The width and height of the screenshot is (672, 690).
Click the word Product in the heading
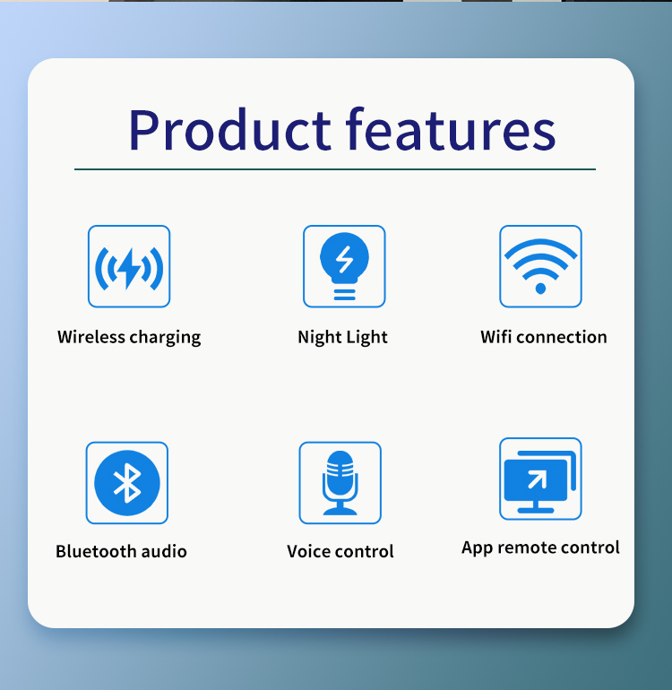229,129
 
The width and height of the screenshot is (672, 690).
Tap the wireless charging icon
129,266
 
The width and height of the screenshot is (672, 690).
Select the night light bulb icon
344,266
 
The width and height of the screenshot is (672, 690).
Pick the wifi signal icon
540,266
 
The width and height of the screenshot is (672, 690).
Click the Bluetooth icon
126,483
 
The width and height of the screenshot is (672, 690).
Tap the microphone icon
340,483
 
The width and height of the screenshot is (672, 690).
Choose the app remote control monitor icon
540,479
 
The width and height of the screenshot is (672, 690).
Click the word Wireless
91,337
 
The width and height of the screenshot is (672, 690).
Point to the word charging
166,338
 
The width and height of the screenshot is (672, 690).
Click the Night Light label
343,338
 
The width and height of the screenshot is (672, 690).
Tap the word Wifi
496,337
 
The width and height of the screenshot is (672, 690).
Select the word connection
562,337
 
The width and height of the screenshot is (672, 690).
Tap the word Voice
307,551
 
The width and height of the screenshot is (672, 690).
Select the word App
477,548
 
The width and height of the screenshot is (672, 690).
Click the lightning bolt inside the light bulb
345,259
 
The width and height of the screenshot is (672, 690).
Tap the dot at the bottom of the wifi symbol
540,289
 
